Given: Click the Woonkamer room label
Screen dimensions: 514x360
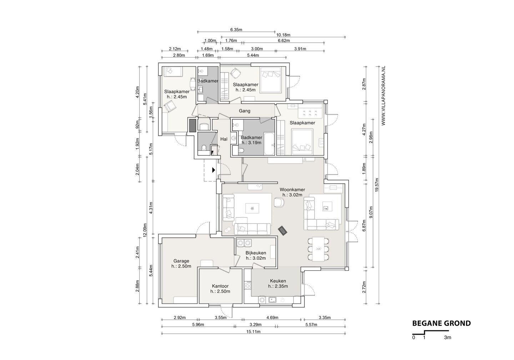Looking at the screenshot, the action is (x=292, y=190).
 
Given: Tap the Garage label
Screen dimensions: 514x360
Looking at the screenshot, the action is (x=181, y=261).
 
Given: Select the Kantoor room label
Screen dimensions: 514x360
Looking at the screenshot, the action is (x=220, y=286).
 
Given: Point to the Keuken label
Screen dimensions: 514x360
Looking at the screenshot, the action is (x=278, y=281).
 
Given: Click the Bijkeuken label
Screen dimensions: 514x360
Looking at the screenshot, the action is (x=256, y=253).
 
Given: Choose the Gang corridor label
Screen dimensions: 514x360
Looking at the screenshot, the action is (x=245, y=111).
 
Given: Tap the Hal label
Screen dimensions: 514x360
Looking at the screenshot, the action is (x=224, y=139).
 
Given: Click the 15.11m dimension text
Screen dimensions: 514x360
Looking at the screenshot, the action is (x=253, y=331).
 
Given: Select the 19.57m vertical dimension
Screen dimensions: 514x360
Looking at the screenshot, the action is (x=377, y=185).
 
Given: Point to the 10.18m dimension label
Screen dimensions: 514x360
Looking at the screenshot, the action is (x=283, y=35).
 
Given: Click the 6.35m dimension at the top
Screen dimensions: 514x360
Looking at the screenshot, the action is (x=236, y=30).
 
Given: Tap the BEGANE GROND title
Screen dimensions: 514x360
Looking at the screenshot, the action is (x=442, y=324).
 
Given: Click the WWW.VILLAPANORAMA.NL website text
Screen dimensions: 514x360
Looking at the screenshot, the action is (x=383, y=96).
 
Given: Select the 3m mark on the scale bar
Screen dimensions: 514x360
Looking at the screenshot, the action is (x=448, y=337).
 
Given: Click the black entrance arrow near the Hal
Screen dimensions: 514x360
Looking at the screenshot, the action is (x=213, y=170).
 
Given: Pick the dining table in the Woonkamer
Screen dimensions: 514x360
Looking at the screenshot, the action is (x=318, y=249).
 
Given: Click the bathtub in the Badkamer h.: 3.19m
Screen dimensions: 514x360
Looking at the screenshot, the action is (x=269, y=144).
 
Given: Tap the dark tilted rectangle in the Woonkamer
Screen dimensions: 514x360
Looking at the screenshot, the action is (x=282, y=230).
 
